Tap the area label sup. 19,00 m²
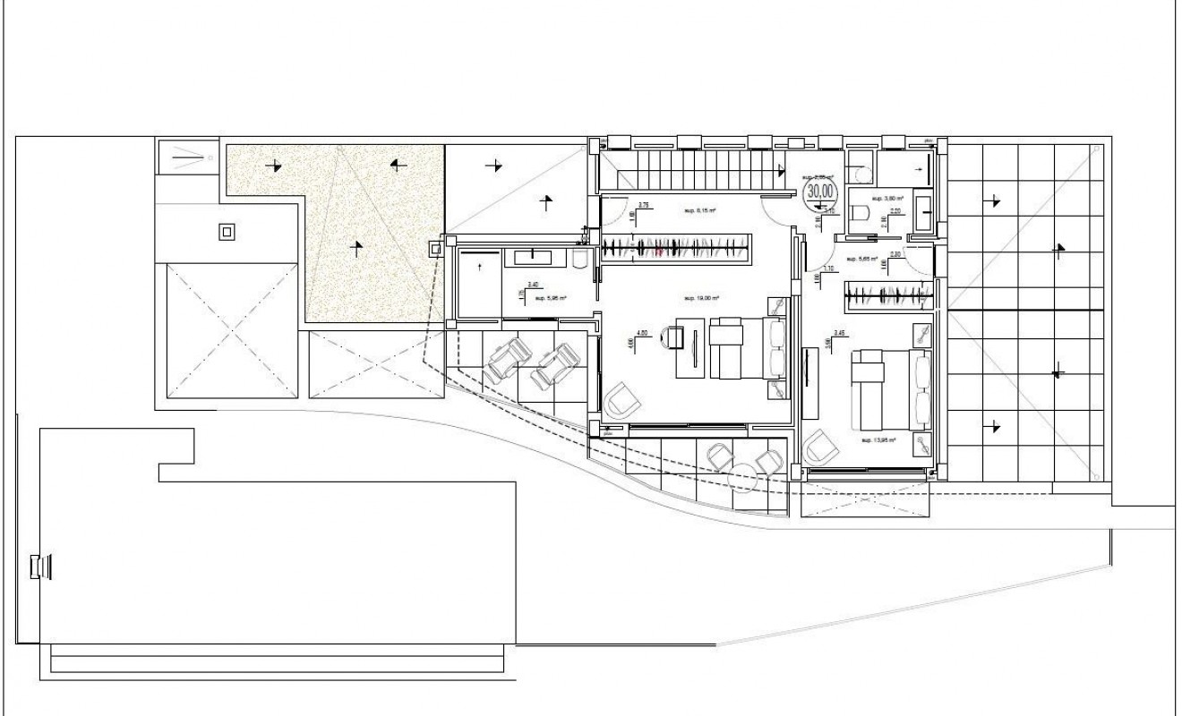(703, 298)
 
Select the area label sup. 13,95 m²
(878, 440)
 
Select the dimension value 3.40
(532, 284)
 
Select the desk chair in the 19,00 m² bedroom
(671, 337)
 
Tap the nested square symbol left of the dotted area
(227, 232)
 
